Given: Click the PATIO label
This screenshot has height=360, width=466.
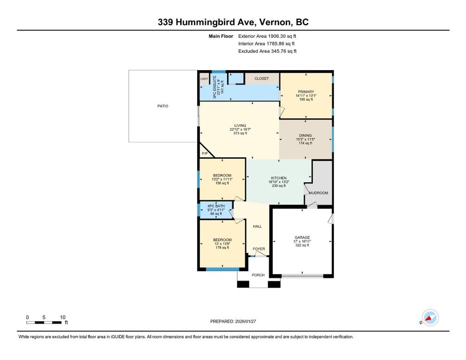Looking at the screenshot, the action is pyautogui.click(x=162, y=106).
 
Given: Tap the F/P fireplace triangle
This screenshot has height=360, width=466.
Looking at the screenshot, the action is pyautogui.click(x=205, y=152).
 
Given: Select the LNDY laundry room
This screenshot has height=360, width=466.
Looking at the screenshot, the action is pyautogui.click(x=204, y=79).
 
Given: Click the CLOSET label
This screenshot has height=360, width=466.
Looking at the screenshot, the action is pyautogui.click(x=262, y=78).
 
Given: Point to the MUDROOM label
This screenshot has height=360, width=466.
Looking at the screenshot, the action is pyautogui.click(x=318, y=193).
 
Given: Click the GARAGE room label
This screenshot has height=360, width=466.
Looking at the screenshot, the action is pyautogui.click(x=302, y=238).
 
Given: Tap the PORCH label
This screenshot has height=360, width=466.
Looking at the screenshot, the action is pyautogui.click(x=258, y=275).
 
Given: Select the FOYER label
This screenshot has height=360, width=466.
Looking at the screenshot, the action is pyautogui.click(x=258, y=249).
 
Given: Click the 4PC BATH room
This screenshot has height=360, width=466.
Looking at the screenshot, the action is pyautogui.click(x=216, y=210).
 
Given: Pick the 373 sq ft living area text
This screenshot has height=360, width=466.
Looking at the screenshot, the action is pyautogui.click(x=240, y=133).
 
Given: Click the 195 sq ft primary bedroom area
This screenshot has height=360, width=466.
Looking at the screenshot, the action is pyautogui.click(x=306, y=99).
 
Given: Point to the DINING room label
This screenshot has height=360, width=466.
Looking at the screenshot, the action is pyautogui.click(x=305, y=135).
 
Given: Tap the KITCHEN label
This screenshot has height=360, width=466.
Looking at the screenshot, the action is pyautogui.click(x=279, y=178).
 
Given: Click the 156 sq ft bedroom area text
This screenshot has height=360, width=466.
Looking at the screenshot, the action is pyautogui.click(x=222, y=183).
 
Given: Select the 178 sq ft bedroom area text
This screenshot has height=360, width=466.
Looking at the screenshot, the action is pyautogui.click(x=222, y=247).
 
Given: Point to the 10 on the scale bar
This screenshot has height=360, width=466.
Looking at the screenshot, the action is pyautogui.click(x=62, y=317).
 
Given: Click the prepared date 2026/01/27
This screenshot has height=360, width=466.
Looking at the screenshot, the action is pyautogui.click(x=245, y=321).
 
